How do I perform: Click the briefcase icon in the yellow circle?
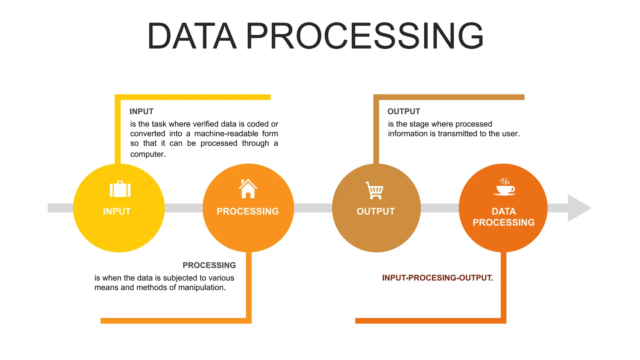(120, 189)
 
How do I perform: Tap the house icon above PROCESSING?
(248, 189)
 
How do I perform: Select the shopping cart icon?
(375, 190)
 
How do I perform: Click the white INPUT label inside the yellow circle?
(117, 212)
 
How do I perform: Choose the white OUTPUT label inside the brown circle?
(376, 212)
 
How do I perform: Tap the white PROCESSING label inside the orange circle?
(247, 212)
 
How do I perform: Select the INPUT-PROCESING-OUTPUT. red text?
(437, 278)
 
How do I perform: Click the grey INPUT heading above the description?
(141, 112)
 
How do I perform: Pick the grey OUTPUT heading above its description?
(403, 112)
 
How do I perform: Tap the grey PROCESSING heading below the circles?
(209, 265)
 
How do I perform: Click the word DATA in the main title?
(192, 36)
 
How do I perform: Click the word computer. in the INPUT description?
(148, 154)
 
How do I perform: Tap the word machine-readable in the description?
(226, 134)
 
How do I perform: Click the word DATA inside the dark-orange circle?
(503, 212)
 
